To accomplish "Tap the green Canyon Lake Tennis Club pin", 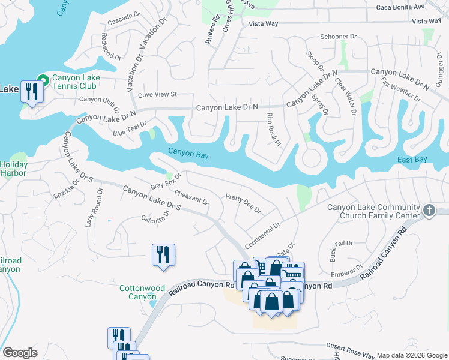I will [43, 79].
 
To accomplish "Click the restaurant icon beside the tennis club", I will [32, 92].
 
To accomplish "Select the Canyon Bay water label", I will [188, 154].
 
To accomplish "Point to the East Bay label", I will [412, 159].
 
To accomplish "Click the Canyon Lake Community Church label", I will [372, 211].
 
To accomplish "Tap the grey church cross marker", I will [428, 210].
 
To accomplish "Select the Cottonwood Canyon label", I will [142, 292].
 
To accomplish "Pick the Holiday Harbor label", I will [13, 169].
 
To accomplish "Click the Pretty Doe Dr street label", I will [243, 204].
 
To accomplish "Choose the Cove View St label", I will [157, 94].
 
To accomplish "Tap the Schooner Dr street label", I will [337, 37].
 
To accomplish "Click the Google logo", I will [20, 353].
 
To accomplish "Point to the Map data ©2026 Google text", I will [411, 355].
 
